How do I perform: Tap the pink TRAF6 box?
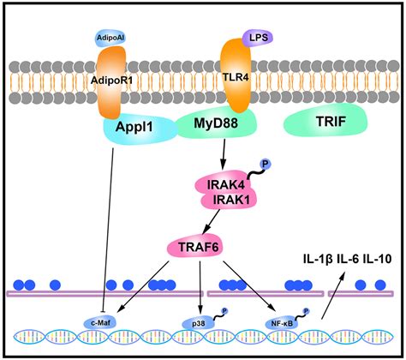[x=222, y=249]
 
